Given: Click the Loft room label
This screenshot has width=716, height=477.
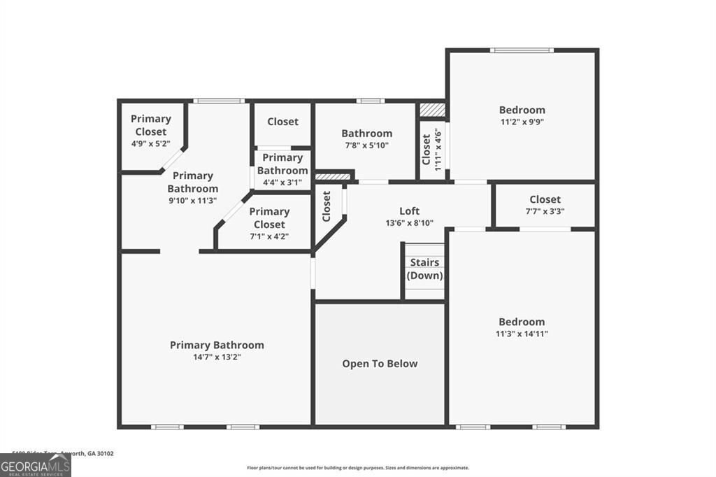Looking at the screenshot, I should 410,211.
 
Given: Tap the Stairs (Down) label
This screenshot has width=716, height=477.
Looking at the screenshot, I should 424,269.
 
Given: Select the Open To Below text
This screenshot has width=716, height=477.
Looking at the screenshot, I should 380,364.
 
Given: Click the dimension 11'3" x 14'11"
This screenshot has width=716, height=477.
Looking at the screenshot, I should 522,334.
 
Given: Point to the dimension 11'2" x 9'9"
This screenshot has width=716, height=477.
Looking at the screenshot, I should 522,122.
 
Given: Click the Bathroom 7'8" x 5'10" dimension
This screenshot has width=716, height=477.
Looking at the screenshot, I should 366,145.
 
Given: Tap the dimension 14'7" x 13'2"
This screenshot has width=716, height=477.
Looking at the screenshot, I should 217,357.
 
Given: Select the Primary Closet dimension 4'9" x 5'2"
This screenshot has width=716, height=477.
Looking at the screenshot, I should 150,143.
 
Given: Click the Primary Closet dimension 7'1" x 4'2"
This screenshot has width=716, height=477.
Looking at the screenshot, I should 269,236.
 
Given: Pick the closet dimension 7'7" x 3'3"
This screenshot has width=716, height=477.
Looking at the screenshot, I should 545,211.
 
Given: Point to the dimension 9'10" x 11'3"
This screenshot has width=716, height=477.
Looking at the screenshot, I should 192,200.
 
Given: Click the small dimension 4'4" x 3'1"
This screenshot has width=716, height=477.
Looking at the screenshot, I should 282,183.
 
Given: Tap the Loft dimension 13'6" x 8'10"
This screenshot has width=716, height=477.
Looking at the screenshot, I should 410,223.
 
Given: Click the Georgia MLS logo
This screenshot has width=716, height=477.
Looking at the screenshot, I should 36,464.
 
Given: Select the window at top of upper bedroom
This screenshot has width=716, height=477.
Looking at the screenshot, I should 522,50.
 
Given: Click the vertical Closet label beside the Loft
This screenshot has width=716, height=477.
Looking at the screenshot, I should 327,207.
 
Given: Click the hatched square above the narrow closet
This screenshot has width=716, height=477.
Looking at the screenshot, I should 431,110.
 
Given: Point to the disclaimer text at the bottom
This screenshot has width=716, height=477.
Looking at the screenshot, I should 358,468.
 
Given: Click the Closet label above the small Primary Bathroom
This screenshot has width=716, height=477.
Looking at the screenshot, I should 282,122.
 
